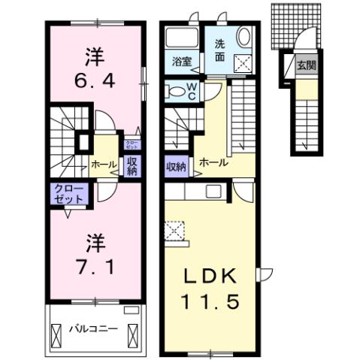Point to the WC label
[192, 92]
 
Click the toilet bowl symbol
[175, 91]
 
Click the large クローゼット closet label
[68, 193]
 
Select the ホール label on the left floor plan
[104, 164]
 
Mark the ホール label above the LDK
[214, 161]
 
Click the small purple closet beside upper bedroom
[132, 145]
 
